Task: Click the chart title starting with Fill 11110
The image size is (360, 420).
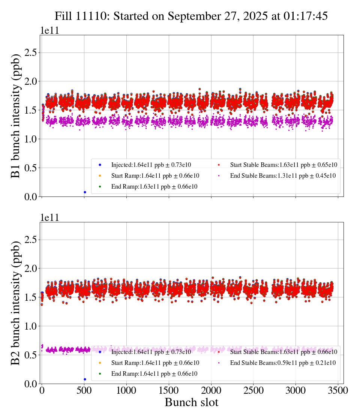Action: pos(191,16)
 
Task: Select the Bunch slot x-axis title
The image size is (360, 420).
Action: pos(191,403)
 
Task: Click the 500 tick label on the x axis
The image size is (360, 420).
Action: pos(84,391)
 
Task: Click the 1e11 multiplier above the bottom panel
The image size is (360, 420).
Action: pos(49,217)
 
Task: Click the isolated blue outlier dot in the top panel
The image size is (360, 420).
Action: pos(85,192)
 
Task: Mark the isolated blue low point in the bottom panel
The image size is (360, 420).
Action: pos(85,379)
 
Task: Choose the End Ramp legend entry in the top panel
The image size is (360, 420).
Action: pos(154,186)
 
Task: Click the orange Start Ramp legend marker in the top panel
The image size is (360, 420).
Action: pos(100,175)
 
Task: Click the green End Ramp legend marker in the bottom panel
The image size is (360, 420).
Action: pos(100,373)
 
